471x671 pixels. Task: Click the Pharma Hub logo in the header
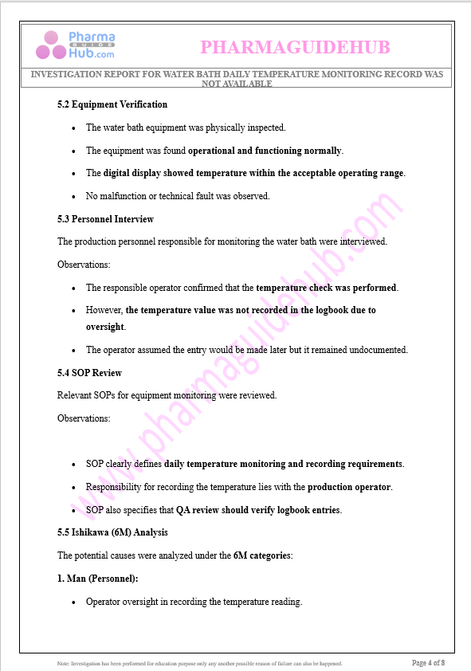[x=76, y=45]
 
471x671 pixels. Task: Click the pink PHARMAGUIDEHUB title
[x=295, y=48]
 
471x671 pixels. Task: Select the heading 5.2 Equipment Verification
[x=112, y=104]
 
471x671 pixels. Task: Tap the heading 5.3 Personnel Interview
[x=105, y=219]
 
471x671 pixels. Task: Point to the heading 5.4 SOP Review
[x=89, y=373]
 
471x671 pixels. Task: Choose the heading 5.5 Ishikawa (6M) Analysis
[x=112, y=532]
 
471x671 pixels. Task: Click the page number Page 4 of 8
[x=428, y=662]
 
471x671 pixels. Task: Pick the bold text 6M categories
[x=263, y=555]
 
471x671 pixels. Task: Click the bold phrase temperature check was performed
[x=326, y=288]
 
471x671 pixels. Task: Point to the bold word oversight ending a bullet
[x=105, y=327]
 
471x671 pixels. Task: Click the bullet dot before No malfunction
[x=74, y=196]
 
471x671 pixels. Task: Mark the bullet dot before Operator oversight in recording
[x=74, y=602]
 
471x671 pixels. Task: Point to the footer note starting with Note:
[x=199, y=663]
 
